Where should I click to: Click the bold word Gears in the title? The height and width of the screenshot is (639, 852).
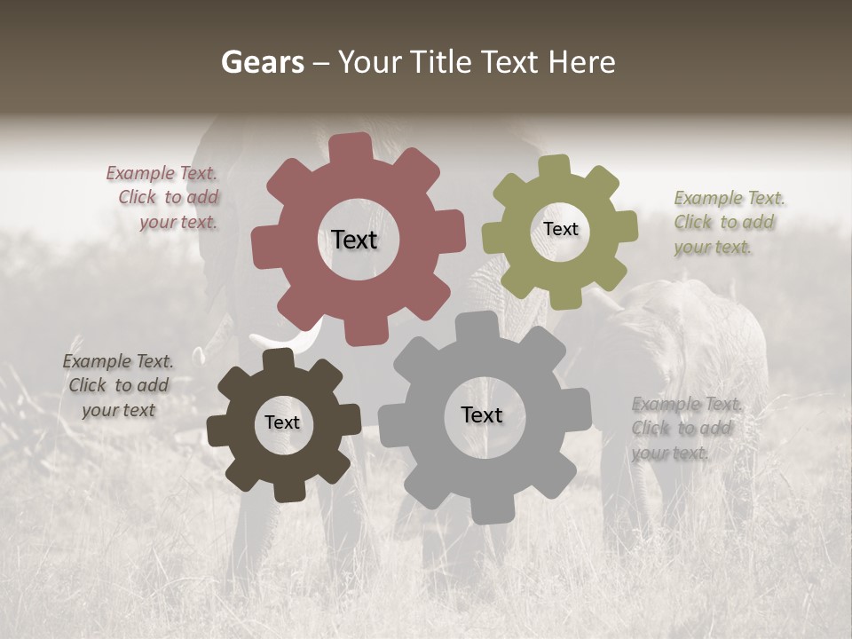click(262, 62)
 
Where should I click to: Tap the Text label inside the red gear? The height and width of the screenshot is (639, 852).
click(354, 240)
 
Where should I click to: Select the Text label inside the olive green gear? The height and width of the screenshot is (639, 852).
click(561, 229)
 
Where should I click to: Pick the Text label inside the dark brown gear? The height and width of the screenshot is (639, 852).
click(282, 422)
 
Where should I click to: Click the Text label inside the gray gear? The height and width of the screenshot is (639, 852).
click(482, 414)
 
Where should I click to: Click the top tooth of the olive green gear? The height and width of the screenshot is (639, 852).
click(555, 167)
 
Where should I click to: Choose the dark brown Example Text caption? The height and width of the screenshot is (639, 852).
click(118, 385)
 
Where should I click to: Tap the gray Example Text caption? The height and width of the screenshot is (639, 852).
click(685, 428)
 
